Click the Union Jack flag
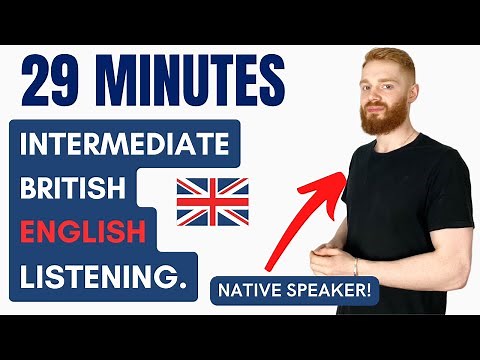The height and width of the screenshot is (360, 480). (212, 201)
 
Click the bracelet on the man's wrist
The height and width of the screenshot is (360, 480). (356, 266)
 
